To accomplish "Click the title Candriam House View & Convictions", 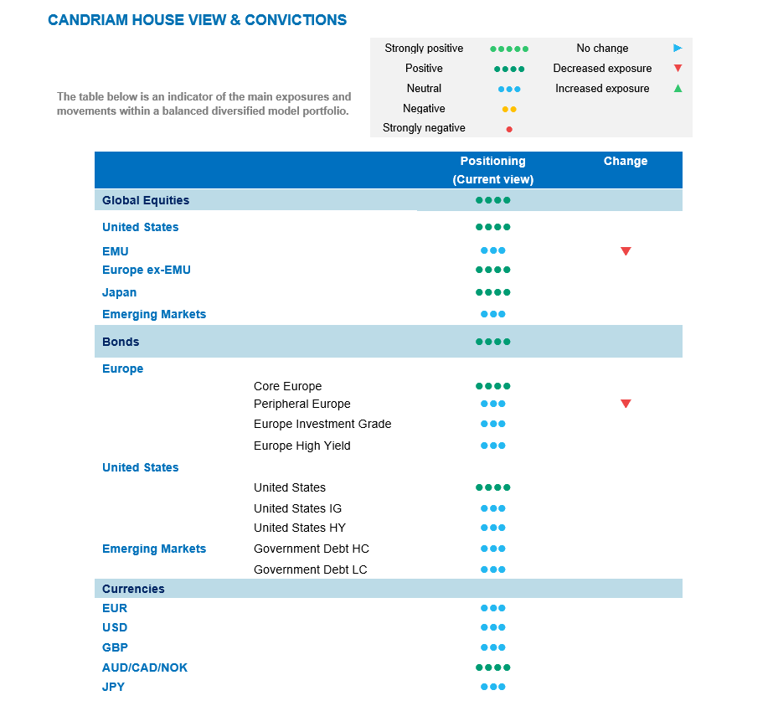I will coord(197,20).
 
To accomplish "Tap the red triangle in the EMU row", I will coord(626,251).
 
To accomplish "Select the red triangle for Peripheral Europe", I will coord(626,404).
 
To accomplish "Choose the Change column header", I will coord(626,161).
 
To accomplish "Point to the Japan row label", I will coord(119,292).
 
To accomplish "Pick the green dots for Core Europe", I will coord(492,386).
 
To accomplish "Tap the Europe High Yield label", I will coord(301,446).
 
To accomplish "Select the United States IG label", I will coord(297,508).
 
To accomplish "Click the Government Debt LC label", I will coord(310,569).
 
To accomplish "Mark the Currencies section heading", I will coord(133,589).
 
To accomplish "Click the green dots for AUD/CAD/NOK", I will coord(492,667).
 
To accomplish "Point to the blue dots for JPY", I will coord(492,687).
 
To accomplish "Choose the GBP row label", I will coord(115,647).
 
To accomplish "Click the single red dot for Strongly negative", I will coord(509,129).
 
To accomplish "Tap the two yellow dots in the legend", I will coord(509,109).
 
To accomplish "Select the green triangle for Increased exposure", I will coord(678,88).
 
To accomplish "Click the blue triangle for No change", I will coord(678,49).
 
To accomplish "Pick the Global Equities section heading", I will coord(146,200).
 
